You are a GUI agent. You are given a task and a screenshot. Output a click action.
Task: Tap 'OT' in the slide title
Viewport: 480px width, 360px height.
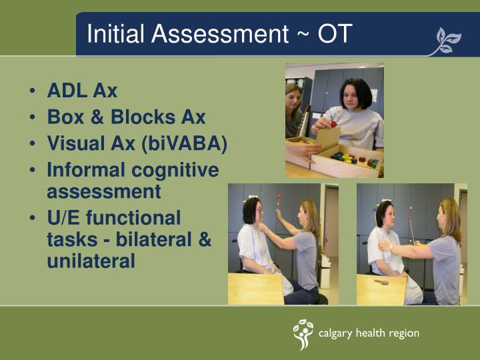(x=334, y=34)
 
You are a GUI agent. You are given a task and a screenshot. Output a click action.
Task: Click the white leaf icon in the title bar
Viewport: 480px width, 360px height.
(x=447, y=41)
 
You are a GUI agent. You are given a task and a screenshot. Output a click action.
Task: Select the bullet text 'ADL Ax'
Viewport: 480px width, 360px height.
(x=82, y=91)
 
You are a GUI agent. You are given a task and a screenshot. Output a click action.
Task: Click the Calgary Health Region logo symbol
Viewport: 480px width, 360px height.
(x=303, y=334)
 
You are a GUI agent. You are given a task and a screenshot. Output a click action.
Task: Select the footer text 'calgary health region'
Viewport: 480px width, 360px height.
(x=369, y=333)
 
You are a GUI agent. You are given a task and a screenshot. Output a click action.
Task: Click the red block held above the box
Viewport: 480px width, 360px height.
(x=333, y=123)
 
